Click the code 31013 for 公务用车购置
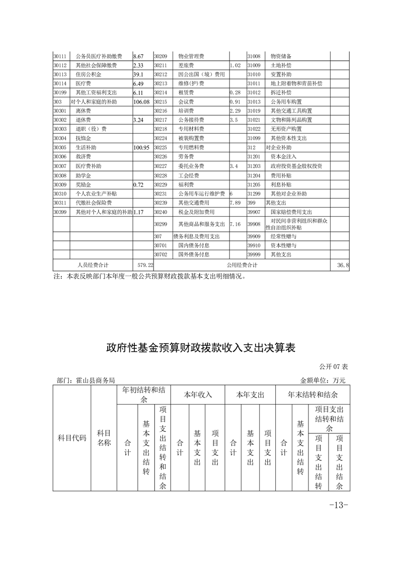pos(254,102)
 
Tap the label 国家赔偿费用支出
pos(291,212)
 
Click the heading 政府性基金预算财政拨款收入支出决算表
pos(200,348)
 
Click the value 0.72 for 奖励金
pos(138,184)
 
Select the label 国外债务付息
pos(194,255)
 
